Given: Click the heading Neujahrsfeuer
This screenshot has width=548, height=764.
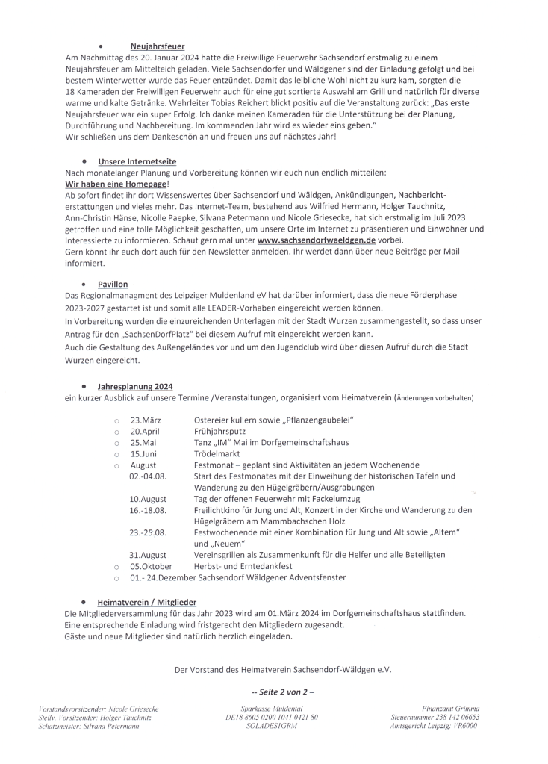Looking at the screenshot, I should [x=157, y=46].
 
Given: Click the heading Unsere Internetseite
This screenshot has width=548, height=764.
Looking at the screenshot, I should [x=137, y=161].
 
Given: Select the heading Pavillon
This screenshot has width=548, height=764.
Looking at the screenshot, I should [x=113, y=285].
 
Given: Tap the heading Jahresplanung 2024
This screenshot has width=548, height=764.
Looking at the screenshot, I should [x=135, y=386].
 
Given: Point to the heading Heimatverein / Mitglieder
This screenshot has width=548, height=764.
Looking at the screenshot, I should [x=147, y=600].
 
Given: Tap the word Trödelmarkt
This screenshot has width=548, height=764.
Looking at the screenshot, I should [x=219, y=453].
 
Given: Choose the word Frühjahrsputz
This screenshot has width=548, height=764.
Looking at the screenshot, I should [x=220, y=431].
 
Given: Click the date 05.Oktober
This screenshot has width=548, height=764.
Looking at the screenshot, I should [x=152, y=566].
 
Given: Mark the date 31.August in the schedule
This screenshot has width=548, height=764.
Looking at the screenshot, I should [x=148, y=555].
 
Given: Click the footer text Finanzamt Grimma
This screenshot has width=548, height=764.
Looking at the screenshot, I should [x=450, y=707].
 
